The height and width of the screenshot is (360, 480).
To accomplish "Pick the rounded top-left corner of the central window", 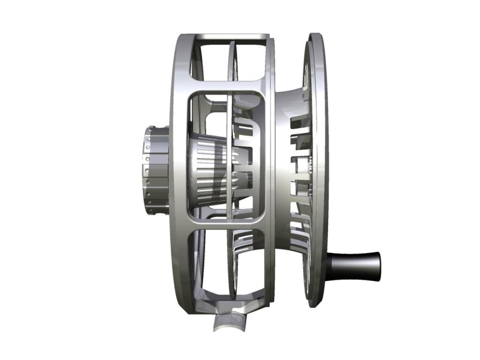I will [191, 94].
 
